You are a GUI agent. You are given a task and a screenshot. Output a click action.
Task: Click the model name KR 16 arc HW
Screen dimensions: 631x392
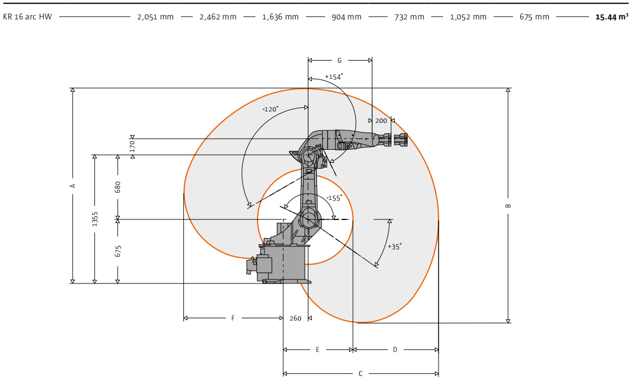27,17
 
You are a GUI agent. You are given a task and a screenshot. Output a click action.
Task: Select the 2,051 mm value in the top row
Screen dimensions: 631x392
155,17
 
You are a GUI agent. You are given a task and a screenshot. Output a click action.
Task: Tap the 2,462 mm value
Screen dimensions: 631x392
218,17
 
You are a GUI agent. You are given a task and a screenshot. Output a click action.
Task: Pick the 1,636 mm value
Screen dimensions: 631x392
280,17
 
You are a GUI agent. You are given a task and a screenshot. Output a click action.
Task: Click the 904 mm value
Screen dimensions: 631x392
347,17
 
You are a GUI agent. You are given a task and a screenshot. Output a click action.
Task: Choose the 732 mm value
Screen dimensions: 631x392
409,17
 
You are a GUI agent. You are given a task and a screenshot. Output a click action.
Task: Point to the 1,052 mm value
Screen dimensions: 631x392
468,17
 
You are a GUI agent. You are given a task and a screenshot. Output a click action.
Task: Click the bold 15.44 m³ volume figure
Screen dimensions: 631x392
612,17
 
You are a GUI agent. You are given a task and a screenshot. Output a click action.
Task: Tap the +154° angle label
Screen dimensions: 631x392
334,77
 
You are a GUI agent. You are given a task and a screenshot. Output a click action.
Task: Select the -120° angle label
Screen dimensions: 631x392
270,109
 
